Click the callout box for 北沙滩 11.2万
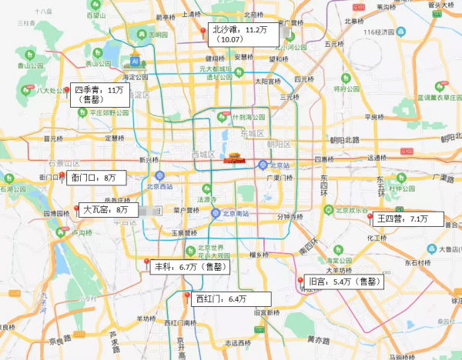click(x=246, y=34)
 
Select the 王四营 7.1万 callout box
click(x=409, y=219)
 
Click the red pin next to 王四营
click(x=370, y=218)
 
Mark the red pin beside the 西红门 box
click(x=186, y=296)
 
